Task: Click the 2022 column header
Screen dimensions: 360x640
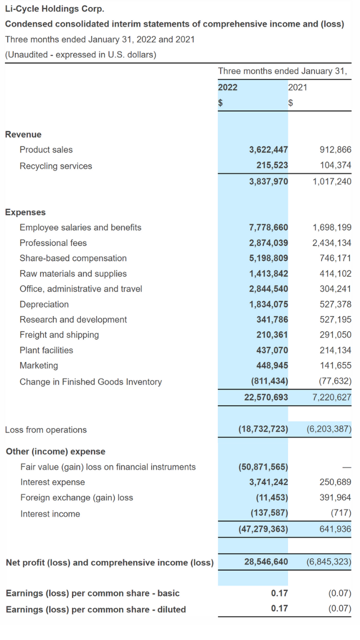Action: coord(227,87)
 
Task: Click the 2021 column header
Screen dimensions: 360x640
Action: coord(297,87)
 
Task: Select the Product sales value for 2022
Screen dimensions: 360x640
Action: coord(268,149)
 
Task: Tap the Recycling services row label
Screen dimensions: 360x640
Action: coord(55,166)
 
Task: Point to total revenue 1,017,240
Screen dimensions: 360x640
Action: coord(332,181)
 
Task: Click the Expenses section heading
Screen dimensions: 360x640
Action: coord(25,212)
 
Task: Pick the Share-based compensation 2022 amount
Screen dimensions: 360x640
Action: coord(268,258)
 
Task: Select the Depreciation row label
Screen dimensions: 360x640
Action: coord(44,304)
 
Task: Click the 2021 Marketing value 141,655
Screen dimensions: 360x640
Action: coord(335,365)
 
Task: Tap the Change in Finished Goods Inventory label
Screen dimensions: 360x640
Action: coord(90,381)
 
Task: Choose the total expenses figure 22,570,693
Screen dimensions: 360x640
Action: coord(266,397)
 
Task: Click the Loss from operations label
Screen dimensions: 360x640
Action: coord(45,429)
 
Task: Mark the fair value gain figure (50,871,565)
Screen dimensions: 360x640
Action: coord(263,467)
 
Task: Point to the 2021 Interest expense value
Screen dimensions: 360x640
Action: coord(335,482)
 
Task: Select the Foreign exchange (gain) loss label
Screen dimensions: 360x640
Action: coord(76,497)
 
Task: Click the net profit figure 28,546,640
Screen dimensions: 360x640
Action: coord(266,561)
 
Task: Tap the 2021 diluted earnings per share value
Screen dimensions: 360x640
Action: coord(339,608)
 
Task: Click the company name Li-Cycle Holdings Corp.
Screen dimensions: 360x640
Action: coord(54,9)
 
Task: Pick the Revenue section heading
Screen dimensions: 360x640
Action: coord(23,134)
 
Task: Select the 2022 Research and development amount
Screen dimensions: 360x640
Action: coord(272,319)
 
